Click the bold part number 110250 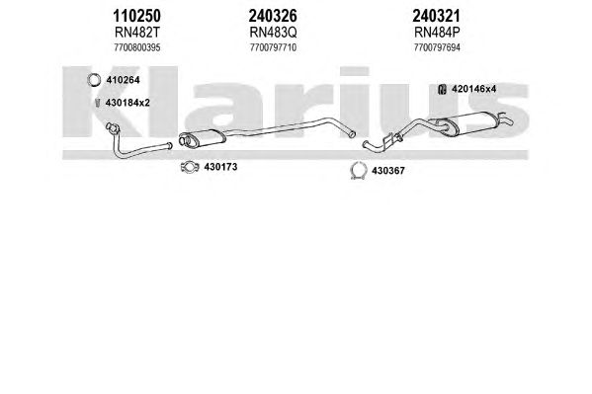(136, 16)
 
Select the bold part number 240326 (273, 16)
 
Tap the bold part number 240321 (436, 16)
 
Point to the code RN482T (137, 33)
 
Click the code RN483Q (273, 33)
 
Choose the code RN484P (437, 33)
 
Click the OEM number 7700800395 (137, 47)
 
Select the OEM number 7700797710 (273, 47)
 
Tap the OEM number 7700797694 (437, 47)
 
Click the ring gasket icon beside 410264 (89, 80)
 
